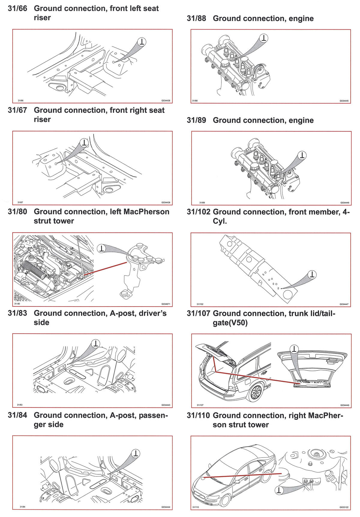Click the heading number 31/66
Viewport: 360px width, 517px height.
pos(17,8)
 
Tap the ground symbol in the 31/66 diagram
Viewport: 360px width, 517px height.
pos(142,42)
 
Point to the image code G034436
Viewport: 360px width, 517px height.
pos(166,101)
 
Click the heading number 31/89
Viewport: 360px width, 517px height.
pos(196,120)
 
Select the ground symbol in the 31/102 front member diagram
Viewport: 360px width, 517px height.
pos(313,274)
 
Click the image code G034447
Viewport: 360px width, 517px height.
pos(344,304)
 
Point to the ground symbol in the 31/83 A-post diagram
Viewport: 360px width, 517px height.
pos(96,343)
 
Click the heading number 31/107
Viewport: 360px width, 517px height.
pos(198,313)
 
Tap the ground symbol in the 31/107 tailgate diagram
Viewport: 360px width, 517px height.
pos(295,349)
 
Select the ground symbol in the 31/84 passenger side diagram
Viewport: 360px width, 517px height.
pos(136,453)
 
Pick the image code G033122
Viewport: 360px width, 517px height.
pos(344,508)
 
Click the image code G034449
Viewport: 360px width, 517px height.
pos(345,405)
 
